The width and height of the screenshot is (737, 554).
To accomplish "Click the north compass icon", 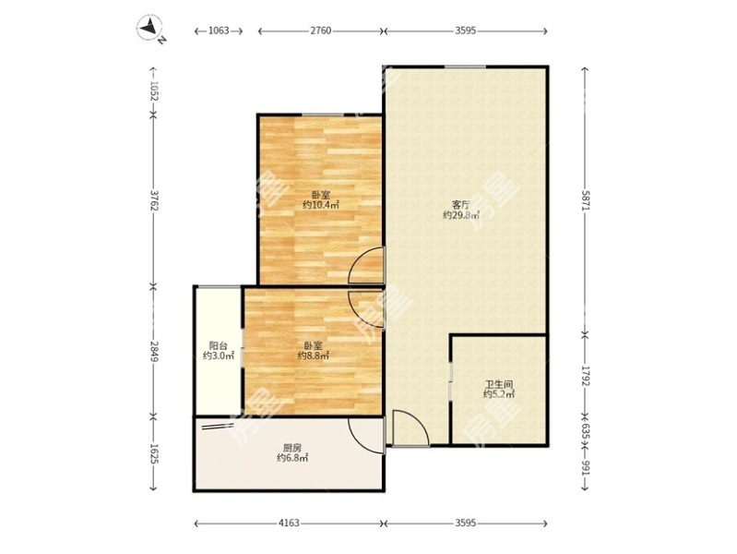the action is click(x=151, y=29).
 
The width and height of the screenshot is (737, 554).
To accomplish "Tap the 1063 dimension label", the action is click(x=219, y=31).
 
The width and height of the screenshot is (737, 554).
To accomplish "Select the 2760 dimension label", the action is click(x=321, y=31).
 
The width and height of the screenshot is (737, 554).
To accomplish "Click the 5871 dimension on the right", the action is click(x=585, y=200).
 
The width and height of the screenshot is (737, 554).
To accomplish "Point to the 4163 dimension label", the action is click(x=289, y=523).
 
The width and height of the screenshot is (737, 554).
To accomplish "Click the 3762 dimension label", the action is click(x=153, y=200).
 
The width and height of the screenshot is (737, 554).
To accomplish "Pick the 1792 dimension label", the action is click(x=585, y=375).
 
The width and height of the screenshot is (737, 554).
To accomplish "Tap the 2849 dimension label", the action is click(x=153, y=351).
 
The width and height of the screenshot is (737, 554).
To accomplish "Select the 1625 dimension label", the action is click(x=153, y=453).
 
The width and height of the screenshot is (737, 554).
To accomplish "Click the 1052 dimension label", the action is click(x=153, y=90).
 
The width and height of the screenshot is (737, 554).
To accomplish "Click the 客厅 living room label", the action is click(x=461, y=205).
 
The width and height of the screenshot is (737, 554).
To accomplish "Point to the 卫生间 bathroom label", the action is click(x=499, y=384).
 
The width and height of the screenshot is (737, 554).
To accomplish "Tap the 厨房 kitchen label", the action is click(x=291, y=448).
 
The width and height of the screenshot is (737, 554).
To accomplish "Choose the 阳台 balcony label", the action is click(x=218, y=346).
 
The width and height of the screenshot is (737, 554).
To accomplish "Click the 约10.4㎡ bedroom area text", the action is click(x=321, y=205).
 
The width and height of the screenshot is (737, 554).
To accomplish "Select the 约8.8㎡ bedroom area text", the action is click(x=313, y=355).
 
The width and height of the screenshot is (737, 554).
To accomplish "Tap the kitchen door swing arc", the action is click(x=358, y=441).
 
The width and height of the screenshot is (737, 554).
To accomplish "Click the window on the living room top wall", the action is click(x=465, y=66).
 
